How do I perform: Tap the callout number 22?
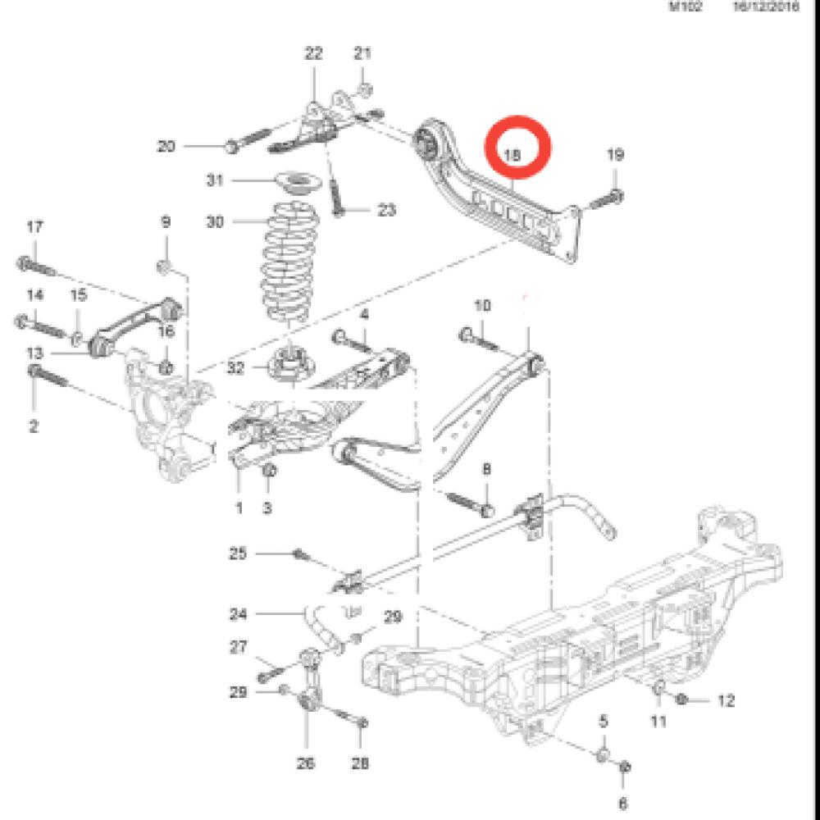(x=313, y=54)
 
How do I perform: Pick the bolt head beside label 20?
(x=230, y=147)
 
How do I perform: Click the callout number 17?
(x=34, y=227)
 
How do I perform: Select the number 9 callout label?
(x=165, y=221)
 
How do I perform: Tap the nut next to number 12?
(x=682, y=699)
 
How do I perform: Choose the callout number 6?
(x=622, y=803)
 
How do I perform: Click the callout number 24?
(x=239, y=613)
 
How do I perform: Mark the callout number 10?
(x=483, y=306)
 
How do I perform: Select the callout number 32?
(x=237, y=369)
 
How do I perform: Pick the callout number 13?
(x=34, y=353)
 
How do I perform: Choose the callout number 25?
(x=238, y=554)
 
